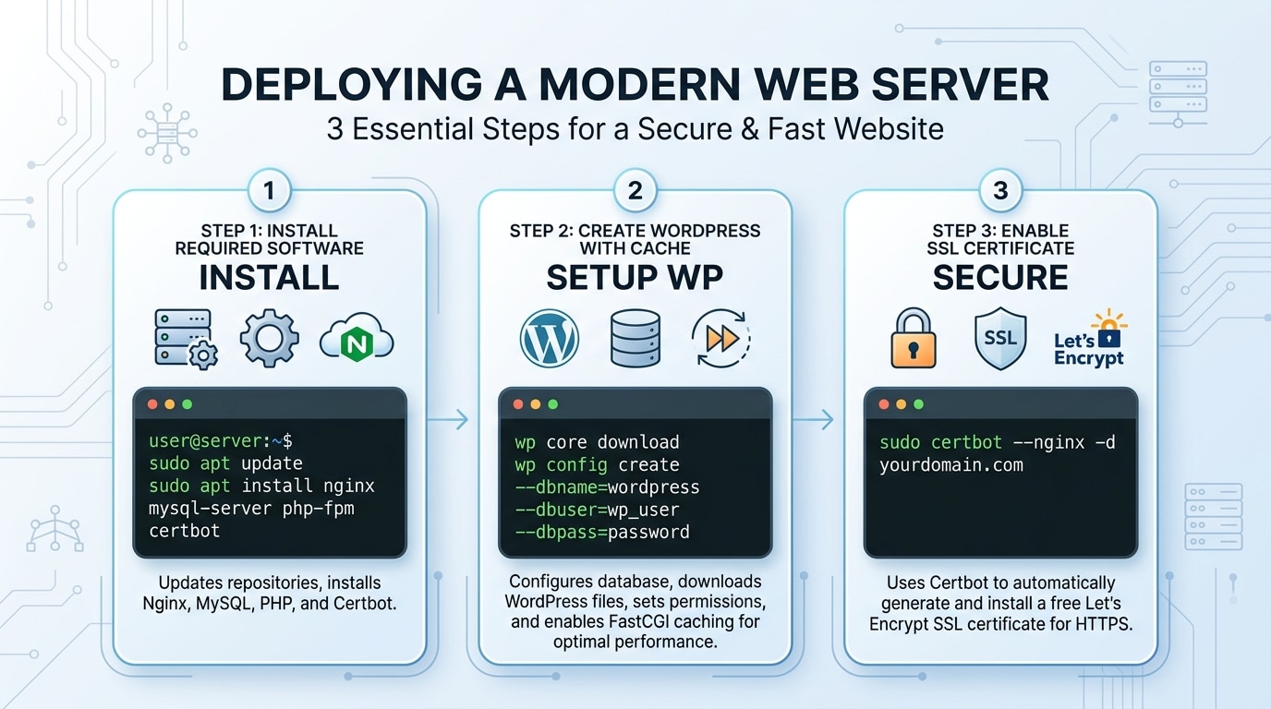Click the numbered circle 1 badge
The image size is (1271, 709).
[269, 192]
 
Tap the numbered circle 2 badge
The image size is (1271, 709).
[635, 192]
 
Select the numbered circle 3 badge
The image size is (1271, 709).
[1000, 192]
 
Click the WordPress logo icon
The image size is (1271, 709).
[550, 338]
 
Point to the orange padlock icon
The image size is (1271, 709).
[914, 339]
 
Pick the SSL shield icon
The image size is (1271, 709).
[1000, 339]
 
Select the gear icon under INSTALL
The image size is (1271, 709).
[269, 339]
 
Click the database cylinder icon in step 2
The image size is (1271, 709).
[635, 338]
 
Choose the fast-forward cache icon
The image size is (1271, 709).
[720, 339]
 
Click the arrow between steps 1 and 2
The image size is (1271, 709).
[450, 420]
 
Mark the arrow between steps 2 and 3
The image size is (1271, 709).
[816, 420]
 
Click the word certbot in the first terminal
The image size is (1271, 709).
[184, 531]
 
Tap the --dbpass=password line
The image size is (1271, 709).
[601, 532]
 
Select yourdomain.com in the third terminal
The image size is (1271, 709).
[950, 464]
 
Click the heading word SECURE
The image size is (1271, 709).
[1000, 278]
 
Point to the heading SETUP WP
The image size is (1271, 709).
[635, 278]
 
